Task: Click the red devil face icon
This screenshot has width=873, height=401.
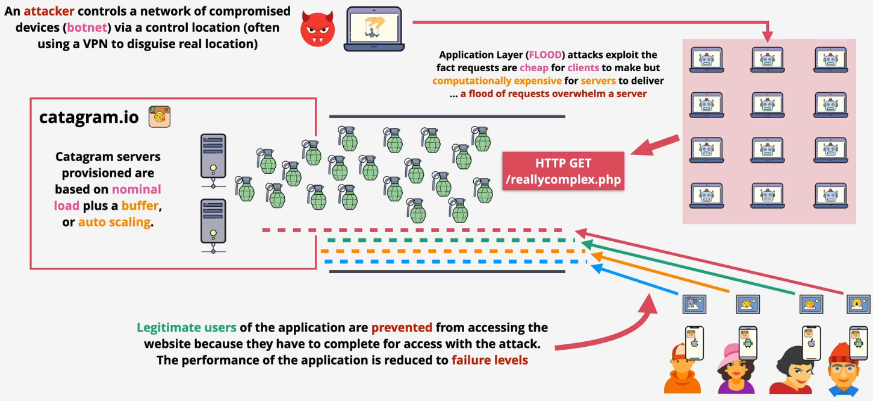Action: pos(317,30)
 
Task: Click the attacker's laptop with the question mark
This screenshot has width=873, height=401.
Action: pos(373,29)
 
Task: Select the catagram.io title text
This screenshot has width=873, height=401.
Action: pos(89,117)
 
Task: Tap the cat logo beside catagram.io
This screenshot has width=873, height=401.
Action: pos(160,117)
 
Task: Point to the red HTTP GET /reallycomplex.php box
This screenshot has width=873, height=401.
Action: pos(563,171)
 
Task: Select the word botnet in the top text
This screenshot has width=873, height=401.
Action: pos(89,28)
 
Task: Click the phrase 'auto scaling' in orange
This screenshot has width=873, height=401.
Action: pos(114,222)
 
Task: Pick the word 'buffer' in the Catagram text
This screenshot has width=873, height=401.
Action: pos(140,206)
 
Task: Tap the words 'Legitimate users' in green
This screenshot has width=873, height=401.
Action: pos(186,328)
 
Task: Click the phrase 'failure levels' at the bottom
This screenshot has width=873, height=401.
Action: pos(489,361)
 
